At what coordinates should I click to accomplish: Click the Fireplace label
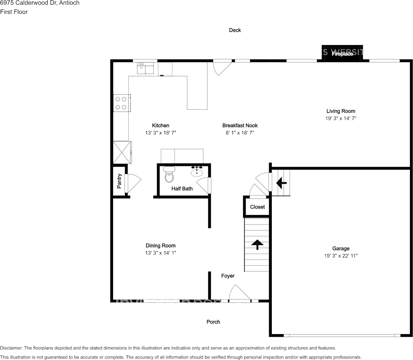click(x=342, y=54)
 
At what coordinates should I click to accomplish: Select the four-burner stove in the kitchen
click(x=121, y=103)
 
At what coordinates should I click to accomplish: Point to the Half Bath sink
click(x=197, y=172)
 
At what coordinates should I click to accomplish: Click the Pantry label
click(x=119, y=181)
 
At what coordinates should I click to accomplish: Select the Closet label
click(x=257, y=207)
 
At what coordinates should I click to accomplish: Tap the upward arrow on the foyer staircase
click(x=257, y=244)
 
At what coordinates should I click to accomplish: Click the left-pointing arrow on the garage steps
click(x=281, y=183)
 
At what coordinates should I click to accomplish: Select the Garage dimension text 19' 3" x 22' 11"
click(x=340, y=256)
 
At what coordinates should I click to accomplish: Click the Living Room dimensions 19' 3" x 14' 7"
click(x=341, y=118)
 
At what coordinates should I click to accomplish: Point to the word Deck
click(x=235, y=30)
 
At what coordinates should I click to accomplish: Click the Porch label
click(x=213, y=322)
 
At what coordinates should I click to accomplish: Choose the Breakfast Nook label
click(x=240, y=125)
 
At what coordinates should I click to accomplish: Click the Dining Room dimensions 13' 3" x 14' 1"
click(x=161, y=253)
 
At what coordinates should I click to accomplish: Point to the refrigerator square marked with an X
click(x=122, y=153)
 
